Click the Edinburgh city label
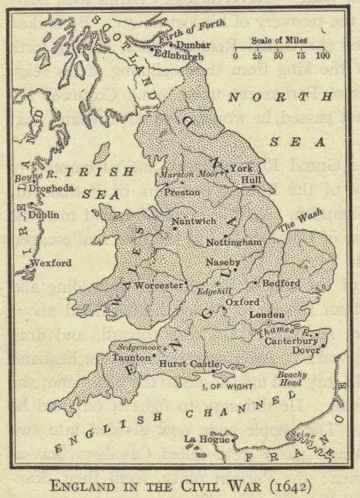point(176,56)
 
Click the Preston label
point(181,193)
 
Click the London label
point(267,315)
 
